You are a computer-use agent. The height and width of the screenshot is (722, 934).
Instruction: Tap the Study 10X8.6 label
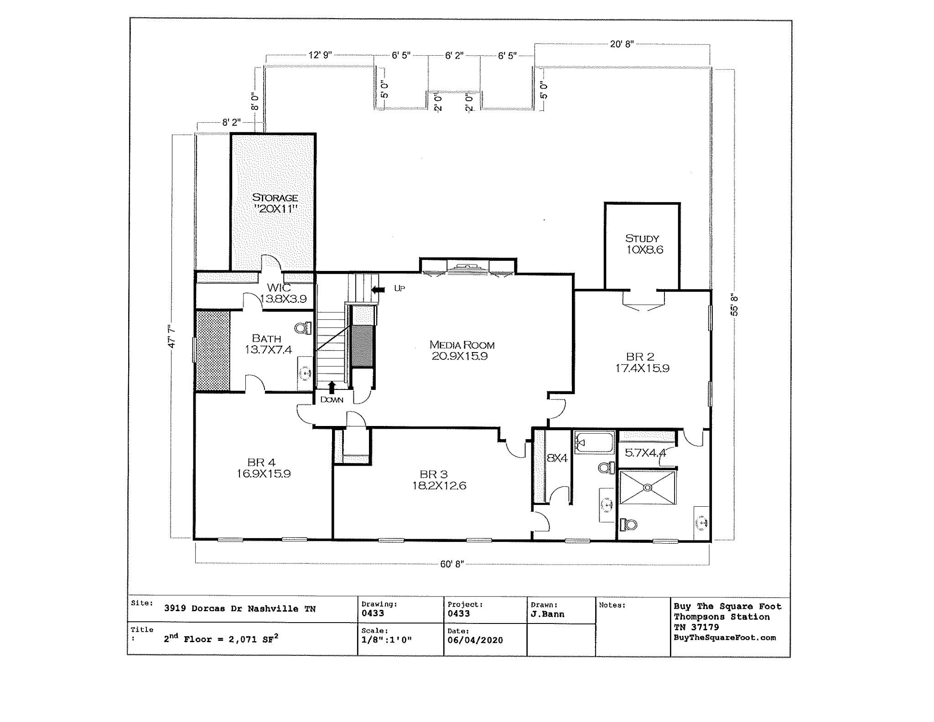pos(643,244)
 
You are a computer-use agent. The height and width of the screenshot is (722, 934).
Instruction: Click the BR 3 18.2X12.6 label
pos(438,480)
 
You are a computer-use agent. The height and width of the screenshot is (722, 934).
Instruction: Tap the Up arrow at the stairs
pos(378,289)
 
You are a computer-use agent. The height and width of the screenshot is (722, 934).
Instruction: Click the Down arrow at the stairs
pos(332,388)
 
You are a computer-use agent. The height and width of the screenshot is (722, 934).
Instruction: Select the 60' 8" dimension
pos(451,564)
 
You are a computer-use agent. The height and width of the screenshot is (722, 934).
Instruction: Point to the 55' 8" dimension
pos(734,305)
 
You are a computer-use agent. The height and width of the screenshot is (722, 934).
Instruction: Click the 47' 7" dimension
pos(172,337)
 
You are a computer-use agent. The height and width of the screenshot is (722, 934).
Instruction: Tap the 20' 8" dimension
pos(622,44)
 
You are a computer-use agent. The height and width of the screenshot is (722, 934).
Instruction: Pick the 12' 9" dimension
pos(320,55)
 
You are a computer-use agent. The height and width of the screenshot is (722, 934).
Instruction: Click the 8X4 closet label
pos(556,458)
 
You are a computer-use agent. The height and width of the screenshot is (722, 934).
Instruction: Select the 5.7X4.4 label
pos(645,453)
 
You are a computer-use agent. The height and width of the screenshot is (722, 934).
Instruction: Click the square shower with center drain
pos(647,488)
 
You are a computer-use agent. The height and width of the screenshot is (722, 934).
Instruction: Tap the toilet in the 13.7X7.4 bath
pos(303,327)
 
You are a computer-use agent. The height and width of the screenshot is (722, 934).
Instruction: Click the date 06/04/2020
pos(475,640)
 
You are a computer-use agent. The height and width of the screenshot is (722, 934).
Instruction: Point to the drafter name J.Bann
pos(547,614)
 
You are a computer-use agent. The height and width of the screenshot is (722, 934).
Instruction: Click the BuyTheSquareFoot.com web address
pos(724,638)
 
